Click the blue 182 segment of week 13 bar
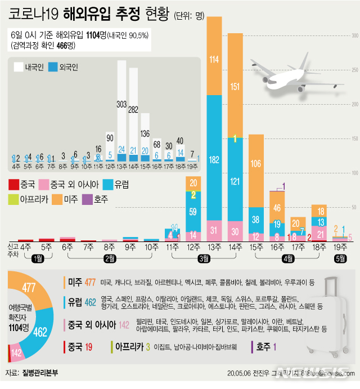(214, 160)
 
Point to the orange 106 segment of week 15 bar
(256, 164)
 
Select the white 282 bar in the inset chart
(134, 110)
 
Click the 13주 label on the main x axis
(214, 247)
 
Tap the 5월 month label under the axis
(339, 258)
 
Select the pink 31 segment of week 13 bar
(214, 230)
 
